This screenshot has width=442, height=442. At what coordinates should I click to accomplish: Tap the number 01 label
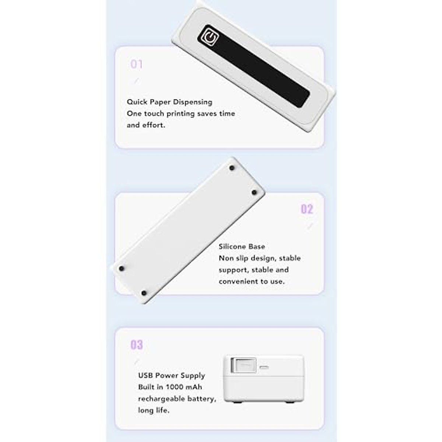pyautogui.click(x=137, y=64)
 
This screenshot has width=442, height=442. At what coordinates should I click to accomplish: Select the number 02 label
pyautogui.click(x=307, y=209)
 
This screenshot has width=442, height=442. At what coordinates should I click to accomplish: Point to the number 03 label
pyautogui.click(x=137, y=345)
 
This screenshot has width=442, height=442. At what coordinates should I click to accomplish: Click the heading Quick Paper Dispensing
pyautogui.click(x=169, y=102)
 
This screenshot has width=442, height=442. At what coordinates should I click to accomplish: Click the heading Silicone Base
pyautogui.click(x=242, y=246)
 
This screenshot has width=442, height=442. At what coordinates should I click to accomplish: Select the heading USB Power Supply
pyautogui.click(x=171, y=375)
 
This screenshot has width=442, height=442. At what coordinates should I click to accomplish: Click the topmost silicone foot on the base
pyautogui.click(x=232, y=168)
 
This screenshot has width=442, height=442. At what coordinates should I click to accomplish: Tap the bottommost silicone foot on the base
pyautogui.click(x=144, y=293)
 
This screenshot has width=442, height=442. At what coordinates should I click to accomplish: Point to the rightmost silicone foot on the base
pyautogui.click(x=254, y=192)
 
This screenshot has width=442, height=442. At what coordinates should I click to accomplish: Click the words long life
pyautogui.click(x=154, y=410)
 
